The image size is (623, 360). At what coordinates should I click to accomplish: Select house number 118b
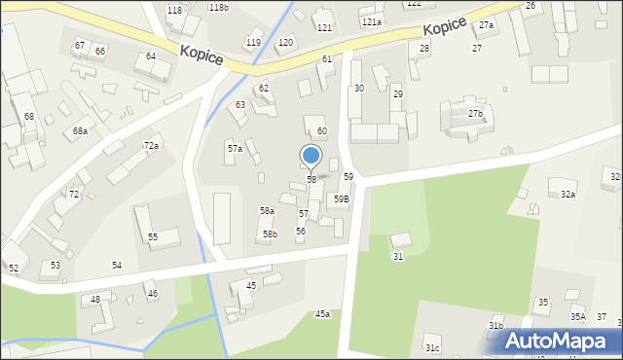click(219, 8)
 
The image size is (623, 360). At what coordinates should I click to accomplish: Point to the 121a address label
click(371, 21)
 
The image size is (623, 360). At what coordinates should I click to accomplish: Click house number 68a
click(80, 130)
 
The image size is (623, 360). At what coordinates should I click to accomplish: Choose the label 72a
click(151, 146)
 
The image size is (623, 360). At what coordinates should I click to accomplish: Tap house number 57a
click(235, 149)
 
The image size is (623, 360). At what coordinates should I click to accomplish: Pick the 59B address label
click(341, 198)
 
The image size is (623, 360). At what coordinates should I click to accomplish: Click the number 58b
click(270, 234)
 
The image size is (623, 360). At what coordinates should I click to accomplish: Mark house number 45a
click(322, 314)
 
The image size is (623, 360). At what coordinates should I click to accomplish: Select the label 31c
click(432, 347)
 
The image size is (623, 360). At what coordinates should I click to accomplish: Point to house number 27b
click(475, 114)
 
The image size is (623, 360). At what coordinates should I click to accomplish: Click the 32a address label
click(568, 195)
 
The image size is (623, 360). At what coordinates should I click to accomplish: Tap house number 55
click(153, 237)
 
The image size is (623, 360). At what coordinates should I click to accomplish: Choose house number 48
click(95, 299)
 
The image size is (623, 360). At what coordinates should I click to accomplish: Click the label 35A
click(577, 316)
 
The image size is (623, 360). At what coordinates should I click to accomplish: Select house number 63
click(240, 104)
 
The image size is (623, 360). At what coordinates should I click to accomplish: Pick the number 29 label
click(397, 93)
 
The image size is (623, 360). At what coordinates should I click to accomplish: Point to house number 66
click(100, 51)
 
